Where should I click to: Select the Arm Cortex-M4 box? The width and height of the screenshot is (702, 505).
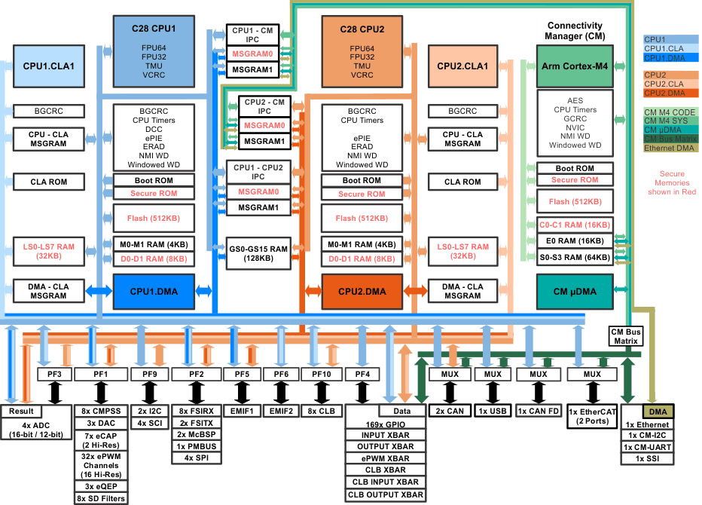(x=574, y=66)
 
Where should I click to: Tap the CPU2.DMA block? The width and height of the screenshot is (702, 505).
(x=362, y=292)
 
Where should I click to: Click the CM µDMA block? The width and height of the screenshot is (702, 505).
(x=574, y=292)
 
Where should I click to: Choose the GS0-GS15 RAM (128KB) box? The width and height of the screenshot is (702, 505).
(x=258, y=253)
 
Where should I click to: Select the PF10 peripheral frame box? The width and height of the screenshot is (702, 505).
(x=322, y=374)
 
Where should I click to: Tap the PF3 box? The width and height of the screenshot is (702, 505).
(x=54, y=374)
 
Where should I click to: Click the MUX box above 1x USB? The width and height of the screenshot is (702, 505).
(x=493, y=374)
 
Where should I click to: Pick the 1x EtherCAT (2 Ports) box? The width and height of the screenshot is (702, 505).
(x=593, y=417)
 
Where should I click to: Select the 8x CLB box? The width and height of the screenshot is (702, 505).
(x=322, y=412)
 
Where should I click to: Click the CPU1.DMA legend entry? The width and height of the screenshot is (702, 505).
(x=670, y=57)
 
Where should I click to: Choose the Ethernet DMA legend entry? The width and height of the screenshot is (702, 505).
(x=670, y=148)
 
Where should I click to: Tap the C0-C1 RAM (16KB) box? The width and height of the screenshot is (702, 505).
(x=575, y=225)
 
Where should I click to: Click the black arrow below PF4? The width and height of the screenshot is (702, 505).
(x=362, y=393)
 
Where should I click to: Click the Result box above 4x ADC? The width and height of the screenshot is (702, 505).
(x=22, y=412)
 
